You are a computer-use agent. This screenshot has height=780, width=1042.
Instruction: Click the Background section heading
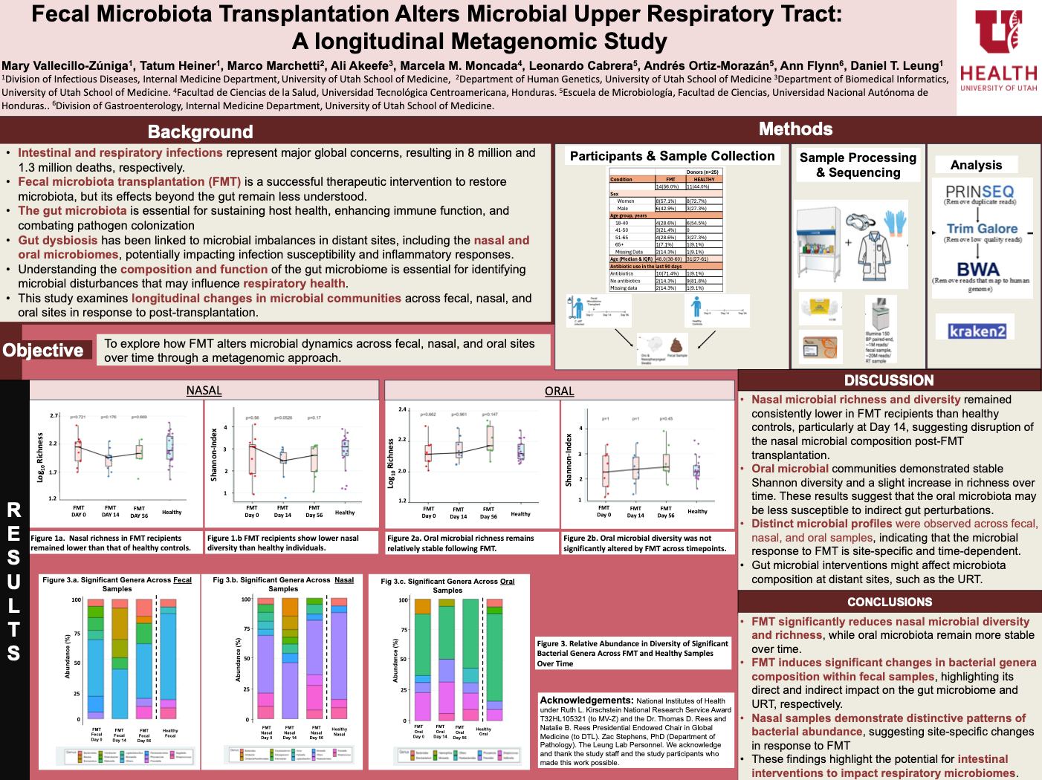click(x=200, y=131)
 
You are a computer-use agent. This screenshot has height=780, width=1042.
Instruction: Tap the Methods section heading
click(x=795, y=129)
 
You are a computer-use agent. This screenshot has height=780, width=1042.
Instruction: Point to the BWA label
click(x=978, y=269)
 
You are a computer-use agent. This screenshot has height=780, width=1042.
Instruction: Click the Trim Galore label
click(x=982, y=229)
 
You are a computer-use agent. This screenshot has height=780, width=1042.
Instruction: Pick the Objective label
click(x=43, y=350)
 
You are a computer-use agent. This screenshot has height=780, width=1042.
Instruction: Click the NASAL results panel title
click(x=204, y=391)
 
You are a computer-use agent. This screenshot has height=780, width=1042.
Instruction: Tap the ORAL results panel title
click(x=559, y=391)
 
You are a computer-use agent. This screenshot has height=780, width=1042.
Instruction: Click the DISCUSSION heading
click(x=889, y=380)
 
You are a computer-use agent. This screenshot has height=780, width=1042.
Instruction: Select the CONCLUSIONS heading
click(x=889, y=602)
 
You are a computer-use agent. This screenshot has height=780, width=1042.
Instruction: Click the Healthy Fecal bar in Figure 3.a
click(x=170, y=658)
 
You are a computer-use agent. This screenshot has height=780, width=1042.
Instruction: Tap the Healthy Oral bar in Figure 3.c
click(x=494, y=659)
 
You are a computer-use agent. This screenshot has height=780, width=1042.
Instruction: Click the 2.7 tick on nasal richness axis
click(x=54, y=416)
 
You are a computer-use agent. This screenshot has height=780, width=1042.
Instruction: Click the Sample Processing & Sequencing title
click(x=858, y=165)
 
